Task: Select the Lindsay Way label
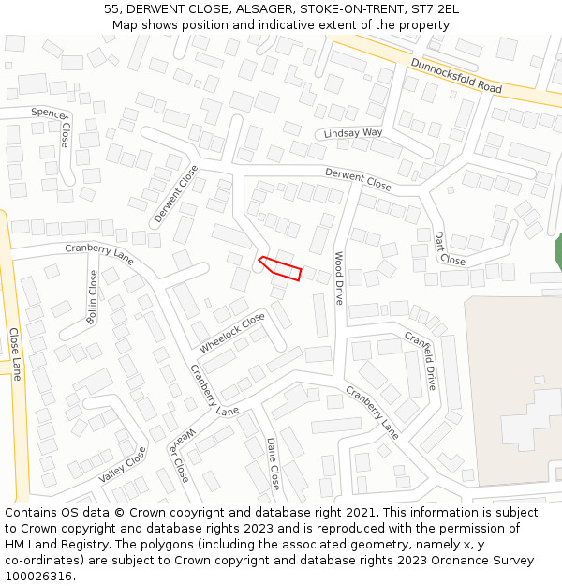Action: (x=353, y=134)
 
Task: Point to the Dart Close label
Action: (x=450, y=248)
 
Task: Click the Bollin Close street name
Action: (x=92, y=297)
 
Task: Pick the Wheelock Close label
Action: (x=231, y=333)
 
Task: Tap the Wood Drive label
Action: (x=340, y=278)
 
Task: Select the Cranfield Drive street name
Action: (x=421, y=360)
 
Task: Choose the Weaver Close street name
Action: (x=180, y=455)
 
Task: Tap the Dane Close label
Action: (x=273, y=463)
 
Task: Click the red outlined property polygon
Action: (x=281, y=268)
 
